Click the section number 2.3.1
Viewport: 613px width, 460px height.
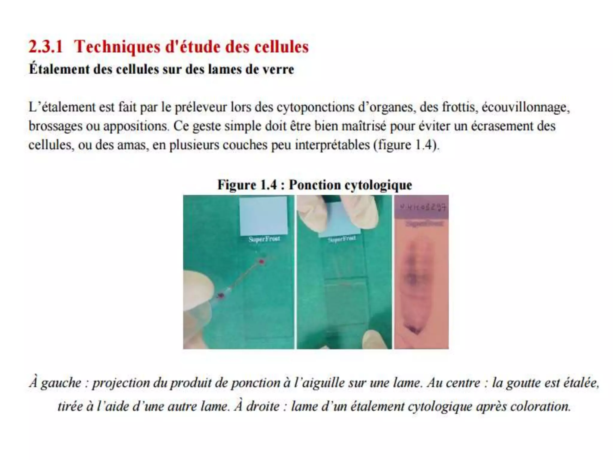pyautogui.click(x=45, y=47)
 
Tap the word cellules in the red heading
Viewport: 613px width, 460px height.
pyautogui.click(x=281, y=47)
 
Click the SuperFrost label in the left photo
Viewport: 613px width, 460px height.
pyautogui.click(x=264, y=239)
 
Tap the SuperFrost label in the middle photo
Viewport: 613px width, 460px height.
pyautogui.click(x=342, y=239)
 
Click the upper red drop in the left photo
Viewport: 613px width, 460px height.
pyautogui.click(x=262, y=262)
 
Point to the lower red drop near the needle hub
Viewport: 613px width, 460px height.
pyautogui.click(x=221, y=296)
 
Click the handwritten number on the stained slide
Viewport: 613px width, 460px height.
pyautogui.click(x=423, y=207)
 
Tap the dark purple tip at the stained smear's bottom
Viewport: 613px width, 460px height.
pyautogui.click(x=414, y=330)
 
